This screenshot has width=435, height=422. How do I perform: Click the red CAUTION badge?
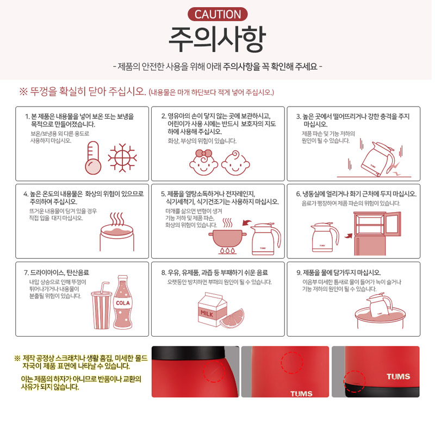(x=217, y=14)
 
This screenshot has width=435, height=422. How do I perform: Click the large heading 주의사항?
(x=217, y=39)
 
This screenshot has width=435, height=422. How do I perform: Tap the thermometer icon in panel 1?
(x=93, y=158)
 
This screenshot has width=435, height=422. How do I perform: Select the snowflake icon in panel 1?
(x=122, y=158)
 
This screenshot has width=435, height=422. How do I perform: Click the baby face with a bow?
(x=203, y=163)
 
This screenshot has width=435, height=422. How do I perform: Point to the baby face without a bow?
(x=235, y=163)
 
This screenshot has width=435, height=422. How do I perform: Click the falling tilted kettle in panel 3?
(x=378, y=159)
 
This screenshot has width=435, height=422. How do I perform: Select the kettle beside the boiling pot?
(x=265, y=239)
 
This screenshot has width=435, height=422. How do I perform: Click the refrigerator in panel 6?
(x=377, y=233)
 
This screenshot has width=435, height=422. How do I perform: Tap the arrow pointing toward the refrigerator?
(x=348, y=236)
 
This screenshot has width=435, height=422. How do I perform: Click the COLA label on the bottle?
(x=123, y=303)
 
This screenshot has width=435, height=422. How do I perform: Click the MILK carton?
(x=212, y=309)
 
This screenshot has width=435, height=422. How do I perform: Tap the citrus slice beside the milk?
(x=233, y=318)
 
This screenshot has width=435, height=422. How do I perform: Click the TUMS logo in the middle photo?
(x=301, y=394)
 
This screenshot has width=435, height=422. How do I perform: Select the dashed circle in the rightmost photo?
(x=355, y=382)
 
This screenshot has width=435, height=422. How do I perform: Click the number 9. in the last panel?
(x=299, y=273)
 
